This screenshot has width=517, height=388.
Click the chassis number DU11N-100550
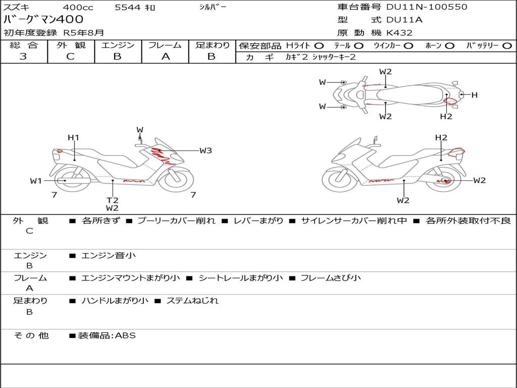[x=427, y=7]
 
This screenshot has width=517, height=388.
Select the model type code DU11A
[x=404, y=20]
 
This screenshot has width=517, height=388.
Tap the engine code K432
[x=399, y=33]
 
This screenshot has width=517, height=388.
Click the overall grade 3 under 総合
[x=23, y=57]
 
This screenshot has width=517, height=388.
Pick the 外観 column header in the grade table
[x=71, y=45]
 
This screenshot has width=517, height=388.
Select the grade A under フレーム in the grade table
[x=166, y=57]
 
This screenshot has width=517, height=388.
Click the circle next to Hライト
[x=319, y=46]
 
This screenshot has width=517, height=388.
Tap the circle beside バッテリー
[x=507, y=46]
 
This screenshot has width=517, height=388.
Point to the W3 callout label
[x=205, y=151]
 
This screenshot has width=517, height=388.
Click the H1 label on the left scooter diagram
[x=73, y=137]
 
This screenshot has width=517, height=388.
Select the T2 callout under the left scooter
[x=112, y=200]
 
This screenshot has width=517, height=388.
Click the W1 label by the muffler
[x=36, y=181]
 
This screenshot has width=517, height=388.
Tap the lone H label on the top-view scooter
[x=475, y=95]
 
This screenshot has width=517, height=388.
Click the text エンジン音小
[x=109, y=255]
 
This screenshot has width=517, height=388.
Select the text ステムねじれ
[x=192, y=301]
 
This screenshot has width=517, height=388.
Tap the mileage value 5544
[x=128, y=7]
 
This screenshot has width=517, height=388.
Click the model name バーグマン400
[x=43, y=19]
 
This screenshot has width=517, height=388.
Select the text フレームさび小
[x=331, y=278]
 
